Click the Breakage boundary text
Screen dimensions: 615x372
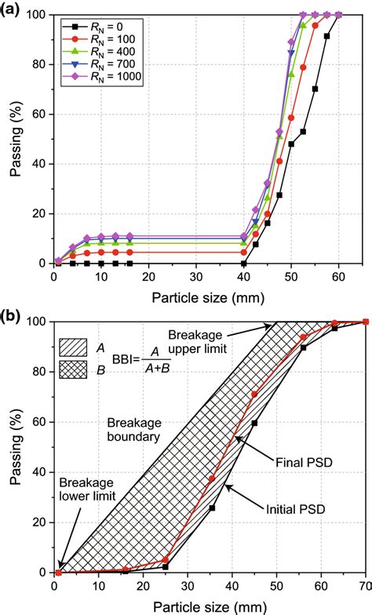[132, 428]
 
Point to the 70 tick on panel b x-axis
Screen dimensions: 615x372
[365, 584]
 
